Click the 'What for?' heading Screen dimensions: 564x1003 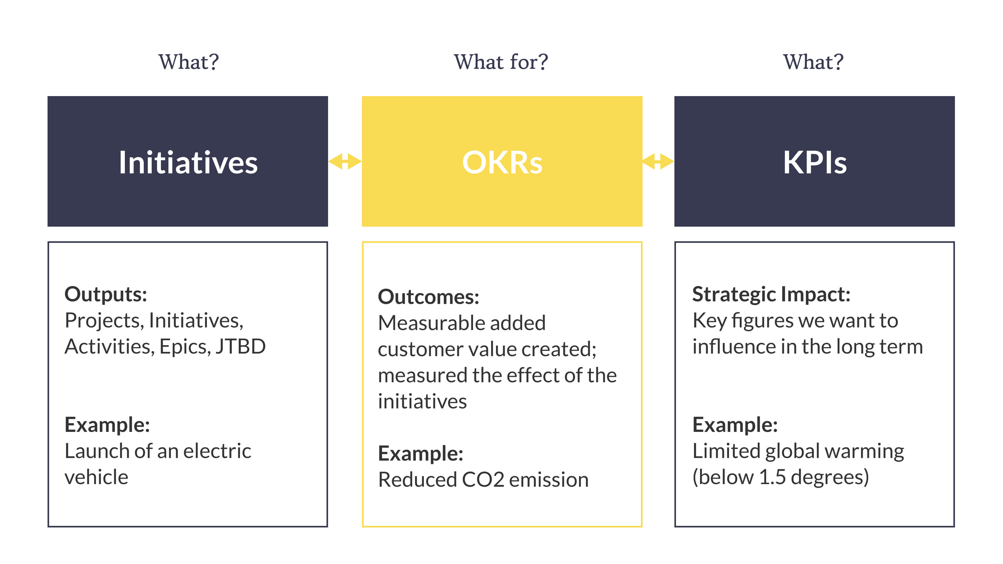(501, 62)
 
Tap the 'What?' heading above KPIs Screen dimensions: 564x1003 (813, 62)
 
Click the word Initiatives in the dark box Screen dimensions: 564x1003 (188, 162)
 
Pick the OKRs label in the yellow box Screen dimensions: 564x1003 (502, 162)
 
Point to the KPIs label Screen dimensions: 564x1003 (815, 162)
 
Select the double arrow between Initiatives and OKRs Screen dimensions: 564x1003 (345, 161)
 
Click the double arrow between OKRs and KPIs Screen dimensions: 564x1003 (658, 161)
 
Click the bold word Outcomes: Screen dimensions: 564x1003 (428, 297)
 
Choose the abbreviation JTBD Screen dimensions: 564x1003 (241, 346)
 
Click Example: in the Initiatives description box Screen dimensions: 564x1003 (107, 424)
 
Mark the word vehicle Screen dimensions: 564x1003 (96, 477)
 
